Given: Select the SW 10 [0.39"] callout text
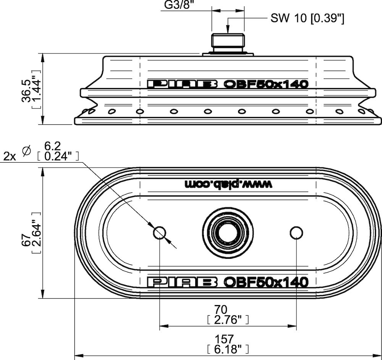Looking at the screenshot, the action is (307, 18).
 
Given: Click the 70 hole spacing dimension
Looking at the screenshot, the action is (221, 310).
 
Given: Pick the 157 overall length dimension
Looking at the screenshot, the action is (224, 339).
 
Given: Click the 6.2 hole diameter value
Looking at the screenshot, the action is (52, 146).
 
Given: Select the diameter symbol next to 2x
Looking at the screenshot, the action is (26, 151).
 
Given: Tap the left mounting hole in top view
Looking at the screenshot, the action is (160, 233).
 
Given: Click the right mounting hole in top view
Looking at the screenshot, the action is (296, 233).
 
